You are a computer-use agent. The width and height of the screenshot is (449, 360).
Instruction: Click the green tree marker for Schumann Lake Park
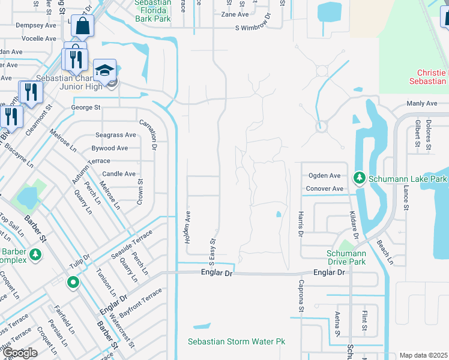360,178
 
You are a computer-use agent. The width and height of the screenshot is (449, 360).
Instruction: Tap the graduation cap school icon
104,70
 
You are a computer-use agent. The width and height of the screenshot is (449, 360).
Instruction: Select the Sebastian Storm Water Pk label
237,342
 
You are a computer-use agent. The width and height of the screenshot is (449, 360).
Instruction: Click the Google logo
20,353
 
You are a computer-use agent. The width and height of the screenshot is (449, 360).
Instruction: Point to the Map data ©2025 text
424,355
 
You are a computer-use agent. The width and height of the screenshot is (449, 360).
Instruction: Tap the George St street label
86,107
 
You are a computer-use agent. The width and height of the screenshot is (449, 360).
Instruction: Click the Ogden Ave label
325,176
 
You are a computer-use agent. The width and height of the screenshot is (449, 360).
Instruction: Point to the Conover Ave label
325,188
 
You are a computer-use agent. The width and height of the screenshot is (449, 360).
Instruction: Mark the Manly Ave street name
421,104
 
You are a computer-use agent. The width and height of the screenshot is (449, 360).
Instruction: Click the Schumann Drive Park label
346,257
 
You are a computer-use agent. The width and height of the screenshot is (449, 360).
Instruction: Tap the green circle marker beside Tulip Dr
73,281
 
